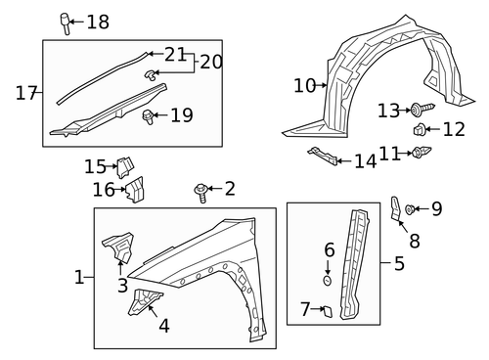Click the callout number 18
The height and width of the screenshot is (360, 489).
(x=99, y=22)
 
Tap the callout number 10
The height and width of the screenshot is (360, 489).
(x=304, y=86)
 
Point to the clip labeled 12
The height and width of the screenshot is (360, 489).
(x=418, y=129)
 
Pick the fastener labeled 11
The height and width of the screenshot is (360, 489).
(x=422, y=152)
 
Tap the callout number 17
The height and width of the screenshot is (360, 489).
(x=26, y=93)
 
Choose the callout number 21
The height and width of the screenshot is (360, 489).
(x=175, y=55)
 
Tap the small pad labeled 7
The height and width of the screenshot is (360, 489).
(x=328, y=311)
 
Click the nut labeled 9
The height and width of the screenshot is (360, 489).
(x=412, y=207)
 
